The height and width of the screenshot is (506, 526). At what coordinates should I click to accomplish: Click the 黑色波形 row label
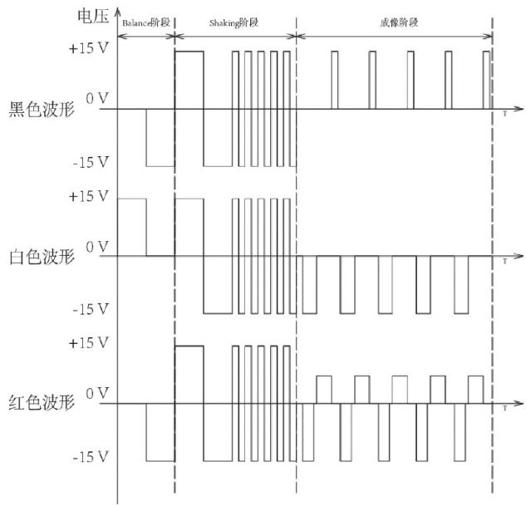39,110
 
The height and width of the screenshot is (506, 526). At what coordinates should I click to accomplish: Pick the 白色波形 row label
39,257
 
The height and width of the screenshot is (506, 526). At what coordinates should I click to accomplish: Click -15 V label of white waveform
91,309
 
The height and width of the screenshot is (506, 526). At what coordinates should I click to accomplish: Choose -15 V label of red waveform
91,457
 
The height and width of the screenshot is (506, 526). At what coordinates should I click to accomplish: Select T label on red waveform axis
504,408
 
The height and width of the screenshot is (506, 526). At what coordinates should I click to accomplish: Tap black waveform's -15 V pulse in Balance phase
160,138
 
